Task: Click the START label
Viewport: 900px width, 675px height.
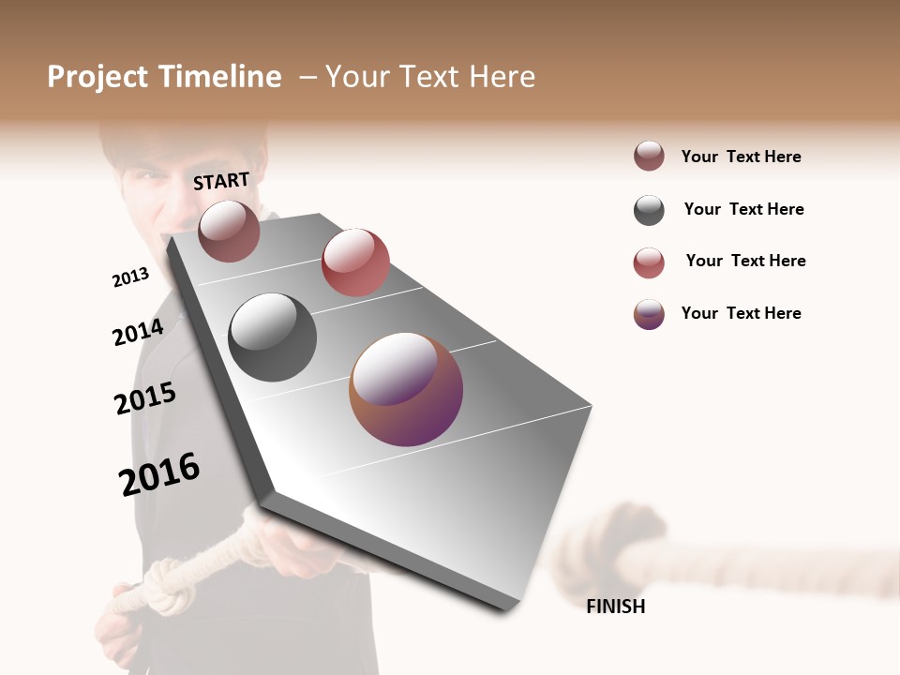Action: pyautogui.click(x=221, y=181)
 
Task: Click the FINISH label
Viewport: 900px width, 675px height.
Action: pyautogui.click(x=615, y=607)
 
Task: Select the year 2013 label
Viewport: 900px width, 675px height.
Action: pyautogui.click(x=130, y=277)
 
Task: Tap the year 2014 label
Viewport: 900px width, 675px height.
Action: pyautogui.click(x=138, y=332)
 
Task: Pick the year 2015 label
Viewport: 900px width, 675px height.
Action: pyautogui.click(x=144, y=398)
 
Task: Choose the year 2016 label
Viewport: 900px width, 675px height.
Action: pyautogui.click(x=159, y=473)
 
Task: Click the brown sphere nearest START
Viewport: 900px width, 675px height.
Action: pyautogui.click(x=229, y=231)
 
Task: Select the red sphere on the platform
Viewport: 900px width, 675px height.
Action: pyautogui.click(x=355, y=262)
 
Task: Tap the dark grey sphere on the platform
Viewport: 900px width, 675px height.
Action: pyautogui.click(x=272, y=337)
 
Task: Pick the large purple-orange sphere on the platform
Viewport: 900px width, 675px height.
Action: pyautogui.click(x=406, y=388)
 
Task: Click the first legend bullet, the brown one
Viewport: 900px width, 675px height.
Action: pyautogui.click(x=649, y=157)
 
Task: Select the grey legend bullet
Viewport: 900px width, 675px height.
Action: pyautogui.click(x=649, y=210)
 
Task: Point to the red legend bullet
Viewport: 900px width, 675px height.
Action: pyautogui.click(x=649, y=262)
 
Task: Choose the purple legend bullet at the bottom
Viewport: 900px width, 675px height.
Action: pyautogui.click(x=649, y=314)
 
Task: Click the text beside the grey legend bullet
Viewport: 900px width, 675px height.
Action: pyautogui.click(x=743, y=209)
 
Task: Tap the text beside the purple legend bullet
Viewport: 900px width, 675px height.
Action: pyautogui.click(x=741, y=313)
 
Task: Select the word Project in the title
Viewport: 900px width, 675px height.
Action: pyautogui.click(x=97, y=77)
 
